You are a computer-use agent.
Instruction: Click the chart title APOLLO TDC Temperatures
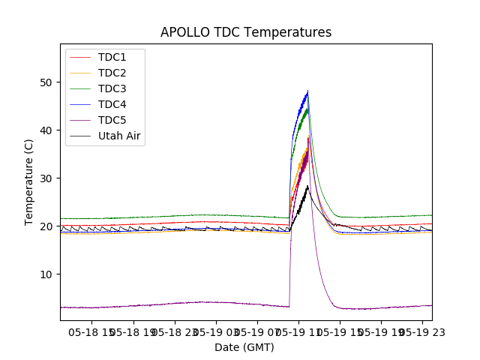(x=246, y=32)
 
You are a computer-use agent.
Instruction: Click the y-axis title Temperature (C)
(x=29, y=182)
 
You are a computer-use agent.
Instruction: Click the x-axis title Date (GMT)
(x=244, y=347)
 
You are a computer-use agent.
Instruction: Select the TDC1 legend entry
(x=112, y=57)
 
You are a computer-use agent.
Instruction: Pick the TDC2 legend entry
(x=112, y=73)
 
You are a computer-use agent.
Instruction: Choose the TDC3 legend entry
(x=112, y=88)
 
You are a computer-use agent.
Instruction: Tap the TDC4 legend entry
(x=112, y=104)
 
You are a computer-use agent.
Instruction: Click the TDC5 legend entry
(x=112, y=120)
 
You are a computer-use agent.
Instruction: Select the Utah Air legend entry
(x=119, y=136)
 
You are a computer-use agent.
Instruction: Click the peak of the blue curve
(x=307, y=91)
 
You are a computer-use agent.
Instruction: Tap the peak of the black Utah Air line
(x=307, y=185)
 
